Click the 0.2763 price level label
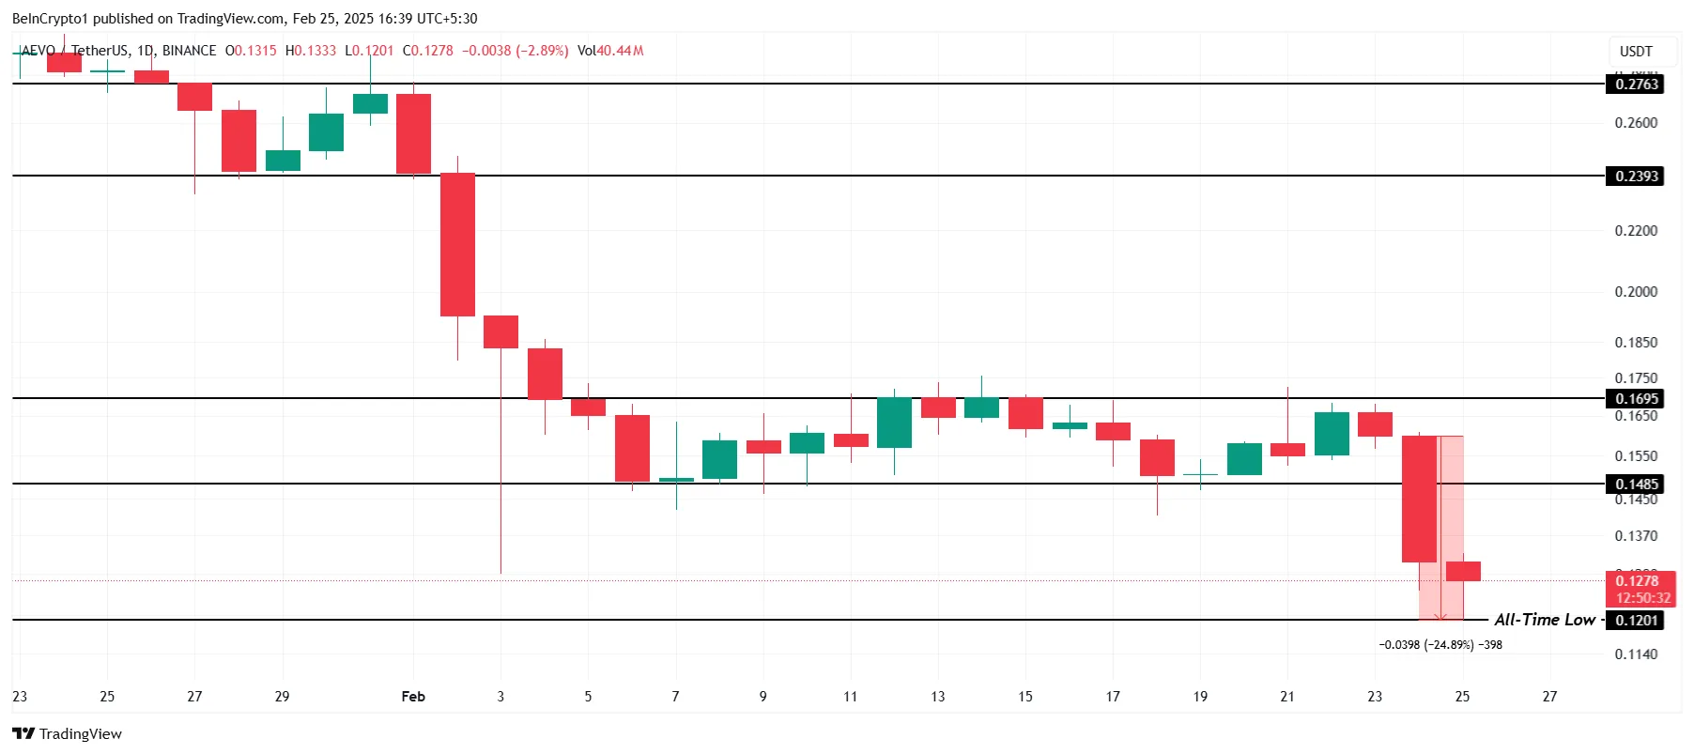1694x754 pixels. (1637, 85)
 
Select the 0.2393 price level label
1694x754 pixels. (1637, 177)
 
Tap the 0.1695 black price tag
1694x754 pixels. (1637, 399)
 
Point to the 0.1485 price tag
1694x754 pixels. (1637, 485)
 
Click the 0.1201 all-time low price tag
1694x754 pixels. (1637, 621)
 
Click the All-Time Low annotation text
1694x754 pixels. (1544, 620)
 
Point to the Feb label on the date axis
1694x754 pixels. (413, 697)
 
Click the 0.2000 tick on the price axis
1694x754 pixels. (1636, 292)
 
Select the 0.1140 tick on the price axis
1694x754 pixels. (1636, 654)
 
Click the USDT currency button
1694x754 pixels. (1636, 52)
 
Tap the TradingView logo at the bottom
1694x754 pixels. (67, 734)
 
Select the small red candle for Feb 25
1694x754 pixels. (1463, 571)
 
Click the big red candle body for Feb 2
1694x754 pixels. (457, 245)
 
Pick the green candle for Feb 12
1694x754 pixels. (894, 423)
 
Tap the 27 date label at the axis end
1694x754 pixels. (1549, 697)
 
